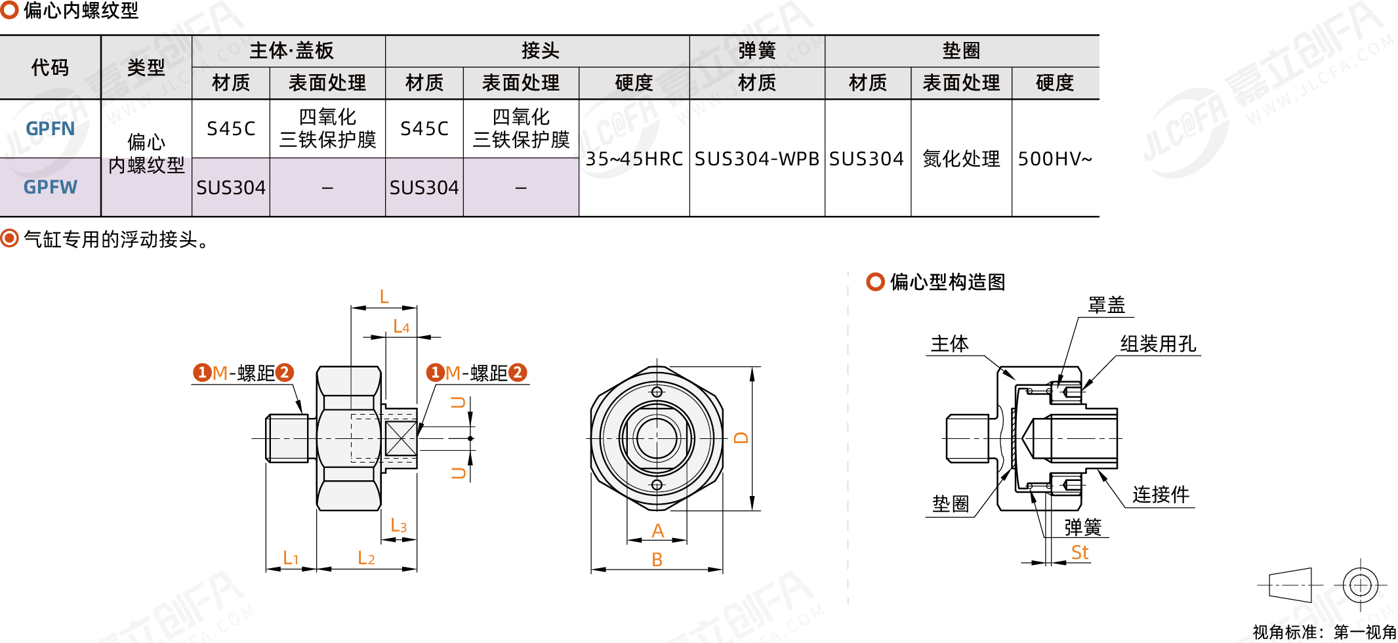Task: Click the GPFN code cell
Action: [x=51, y=129]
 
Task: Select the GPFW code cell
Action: [x=51, y=188]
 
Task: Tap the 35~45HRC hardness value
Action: [x=634, y=159]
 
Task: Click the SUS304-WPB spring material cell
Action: [x=756, y=159]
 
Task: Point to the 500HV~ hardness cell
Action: [x=1055, y=159]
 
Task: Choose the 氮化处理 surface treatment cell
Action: [x=961, y=159]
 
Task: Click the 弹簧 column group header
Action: [x=756, y=51]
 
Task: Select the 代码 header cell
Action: [x=50, y=67]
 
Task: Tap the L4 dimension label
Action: [x=401, y=326]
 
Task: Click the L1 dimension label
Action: [x=291, y=558]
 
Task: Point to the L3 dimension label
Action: [x=398, y=526]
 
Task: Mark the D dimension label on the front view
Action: [x=741, y=438]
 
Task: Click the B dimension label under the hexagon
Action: [x=657, y=560]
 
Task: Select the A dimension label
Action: [x=657, y=531]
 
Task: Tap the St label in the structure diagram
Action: [x=1079, y=552]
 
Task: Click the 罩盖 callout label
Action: [x=1106, y=305]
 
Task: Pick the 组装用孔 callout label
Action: [x=1158, y=344]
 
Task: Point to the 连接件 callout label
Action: [x=1161, y=495]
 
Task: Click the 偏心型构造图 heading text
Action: [x=947, y=282]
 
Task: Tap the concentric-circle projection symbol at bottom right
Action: [x=1360, y=585]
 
